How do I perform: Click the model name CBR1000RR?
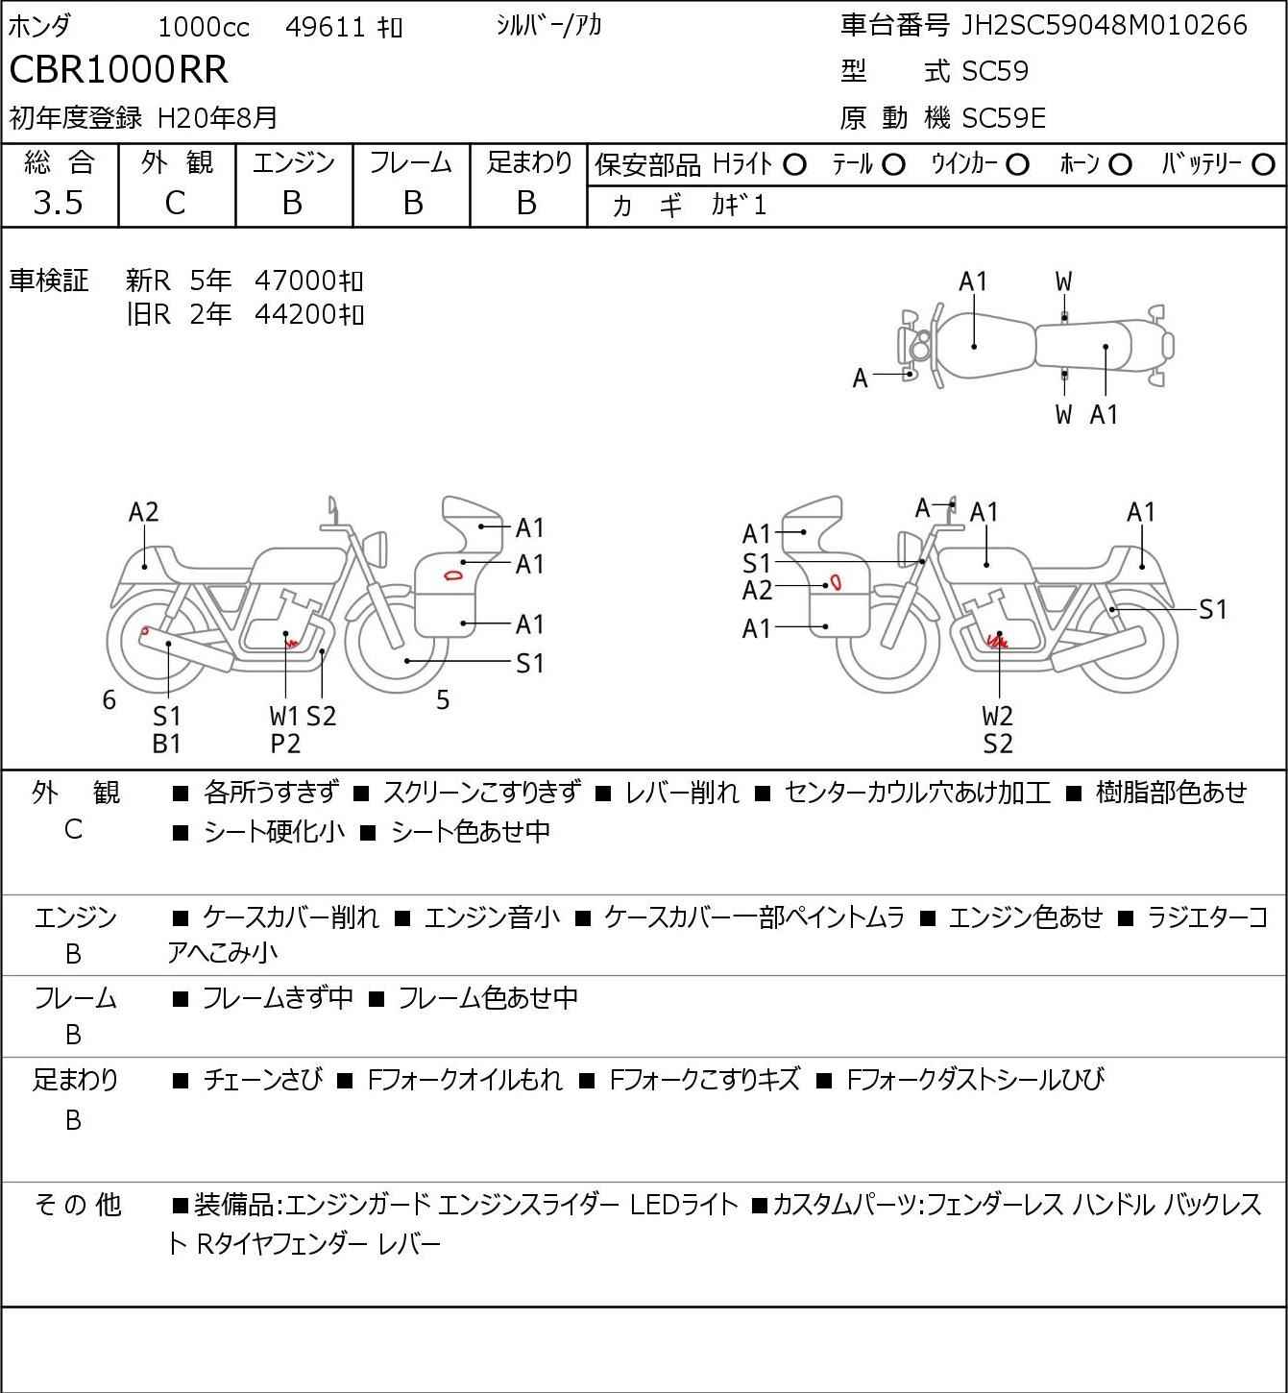coord(118,69)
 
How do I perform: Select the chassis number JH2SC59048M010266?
coord(1104,26)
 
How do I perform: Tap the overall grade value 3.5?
coord(59,203)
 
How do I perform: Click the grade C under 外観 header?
coord(176,204)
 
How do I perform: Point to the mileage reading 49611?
coord(326,27)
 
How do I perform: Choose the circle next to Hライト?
coord(795,165)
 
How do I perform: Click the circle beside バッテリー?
coord(1263,165)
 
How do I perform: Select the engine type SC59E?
coord(1003,118)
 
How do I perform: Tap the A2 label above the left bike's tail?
coord(144,512)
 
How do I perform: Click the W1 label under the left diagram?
coord(284,716)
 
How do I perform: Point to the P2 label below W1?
coord(285,744)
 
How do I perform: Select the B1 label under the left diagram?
coord(167,744)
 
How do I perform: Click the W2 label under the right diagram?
coord(998,716)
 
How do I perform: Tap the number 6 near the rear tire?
coord(109,699)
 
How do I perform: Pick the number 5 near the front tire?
coord(443,699)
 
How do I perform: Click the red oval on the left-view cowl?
coord(453,575)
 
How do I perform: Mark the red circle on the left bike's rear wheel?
coord(144,630)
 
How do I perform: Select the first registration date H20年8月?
coord(217,118)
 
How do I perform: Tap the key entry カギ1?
coord(739,206)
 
